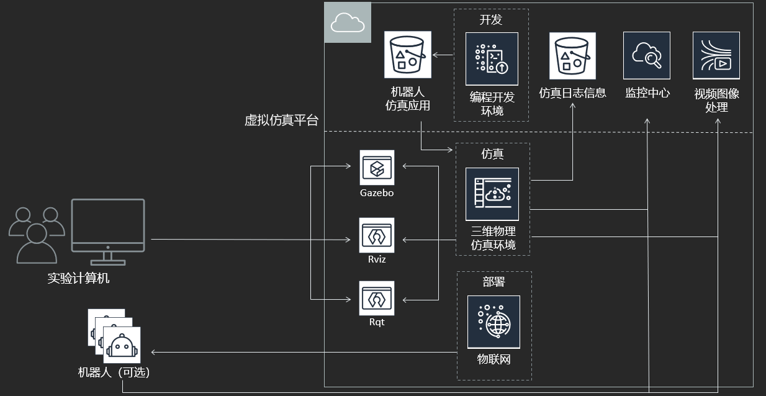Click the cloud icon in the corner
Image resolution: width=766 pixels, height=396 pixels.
[348, 23]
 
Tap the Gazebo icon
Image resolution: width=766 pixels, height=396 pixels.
[377, 168]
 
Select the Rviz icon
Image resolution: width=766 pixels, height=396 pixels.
[377, 235]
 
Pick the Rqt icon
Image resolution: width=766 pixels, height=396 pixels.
[377, 299]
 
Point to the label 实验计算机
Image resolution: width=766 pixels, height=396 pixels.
[78, 278]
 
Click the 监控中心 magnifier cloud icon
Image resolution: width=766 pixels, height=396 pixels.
[647, 56]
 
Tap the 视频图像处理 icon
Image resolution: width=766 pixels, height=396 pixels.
[716, 56]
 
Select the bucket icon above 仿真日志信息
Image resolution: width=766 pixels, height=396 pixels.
[572, 56]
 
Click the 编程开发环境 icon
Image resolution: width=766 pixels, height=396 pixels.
[492, 59]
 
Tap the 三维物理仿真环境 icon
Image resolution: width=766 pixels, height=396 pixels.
[492, 194]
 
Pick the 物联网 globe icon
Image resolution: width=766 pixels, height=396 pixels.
[493, 322]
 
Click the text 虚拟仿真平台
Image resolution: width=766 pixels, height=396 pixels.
[281, 120]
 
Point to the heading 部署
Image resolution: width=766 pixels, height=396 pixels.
[494, 282]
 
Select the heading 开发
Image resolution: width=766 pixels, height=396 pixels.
[490, 20]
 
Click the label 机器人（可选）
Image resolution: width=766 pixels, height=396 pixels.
[114, 372]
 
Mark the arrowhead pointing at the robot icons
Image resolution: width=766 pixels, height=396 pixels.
[154, 353]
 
